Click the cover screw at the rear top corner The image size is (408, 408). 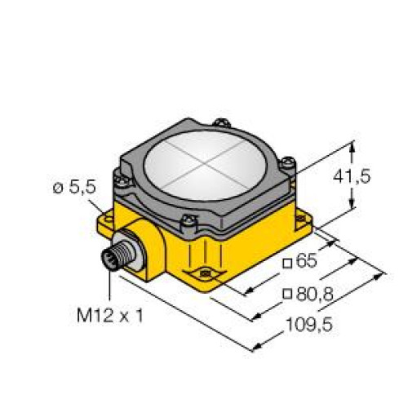[220, 124]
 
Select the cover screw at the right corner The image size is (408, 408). [286, 162]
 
